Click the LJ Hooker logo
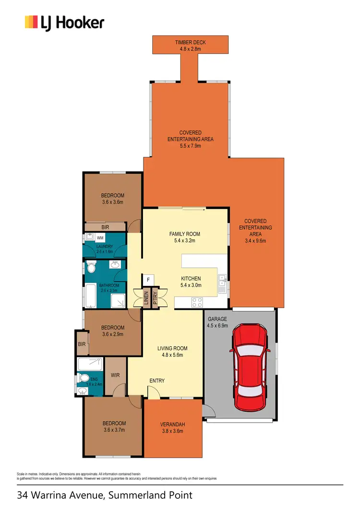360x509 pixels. point(64,23)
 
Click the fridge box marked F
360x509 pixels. point(148,280)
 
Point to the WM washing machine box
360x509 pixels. point(100,238)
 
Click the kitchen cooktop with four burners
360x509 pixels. point(197,302)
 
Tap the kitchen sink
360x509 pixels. point(222,285)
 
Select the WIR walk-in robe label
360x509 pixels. point(115,374)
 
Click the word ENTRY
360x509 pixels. point(157,381)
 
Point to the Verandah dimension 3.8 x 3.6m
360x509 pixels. point(173,431)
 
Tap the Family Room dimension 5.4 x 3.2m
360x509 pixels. point(185,241)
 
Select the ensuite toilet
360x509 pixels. point(82,378)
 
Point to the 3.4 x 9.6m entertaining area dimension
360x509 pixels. point(255,241)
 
